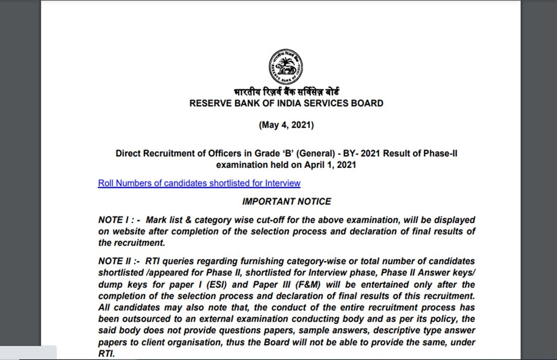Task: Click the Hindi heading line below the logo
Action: coord(286,92)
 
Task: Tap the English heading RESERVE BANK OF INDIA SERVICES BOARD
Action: coord(286,103)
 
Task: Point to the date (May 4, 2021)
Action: coord(286,125)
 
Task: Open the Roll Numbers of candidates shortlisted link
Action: coord(199,183)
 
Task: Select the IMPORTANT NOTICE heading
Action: coord(286,202)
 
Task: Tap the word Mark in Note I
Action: coord(157,220)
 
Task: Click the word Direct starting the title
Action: coord(128,154)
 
